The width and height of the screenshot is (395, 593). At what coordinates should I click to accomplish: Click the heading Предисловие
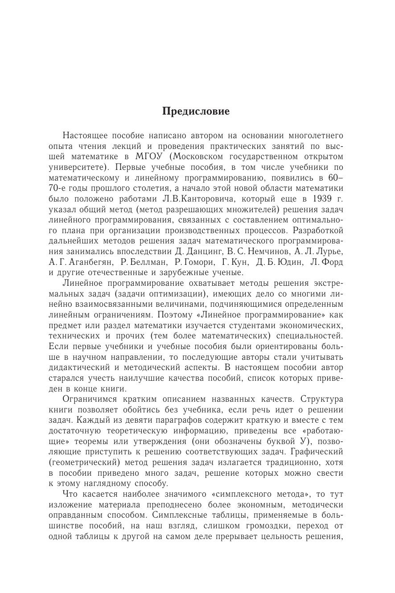[x=196, y=111]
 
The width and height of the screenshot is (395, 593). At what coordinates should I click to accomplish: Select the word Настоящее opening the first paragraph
[x=85, y=136]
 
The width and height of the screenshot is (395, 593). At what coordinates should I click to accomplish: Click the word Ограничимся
[x=90, y=399]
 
